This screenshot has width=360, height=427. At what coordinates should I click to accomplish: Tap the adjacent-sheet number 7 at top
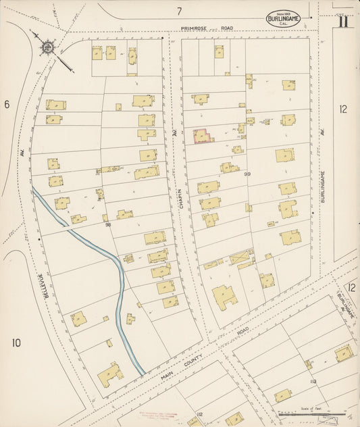(180, 11)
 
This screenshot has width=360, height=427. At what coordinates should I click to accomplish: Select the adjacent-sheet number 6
(7, 104)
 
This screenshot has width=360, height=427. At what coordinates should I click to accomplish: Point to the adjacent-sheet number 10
(16, 343)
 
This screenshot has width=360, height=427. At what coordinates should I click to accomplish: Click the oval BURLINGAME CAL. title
(283, 20)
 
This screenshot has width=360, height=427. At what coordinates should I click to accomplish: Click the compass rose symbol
(47, 47)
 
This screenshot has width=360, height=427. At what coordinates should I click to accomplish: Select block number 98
(107, 224)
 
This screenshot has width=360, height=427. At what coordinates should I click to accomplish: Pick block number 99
(247, 174)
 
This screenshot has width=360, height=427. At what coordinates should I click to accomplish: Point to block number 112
(199, 413)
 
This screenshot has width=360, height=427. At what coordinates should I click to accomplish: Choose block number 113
(312, 382)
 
